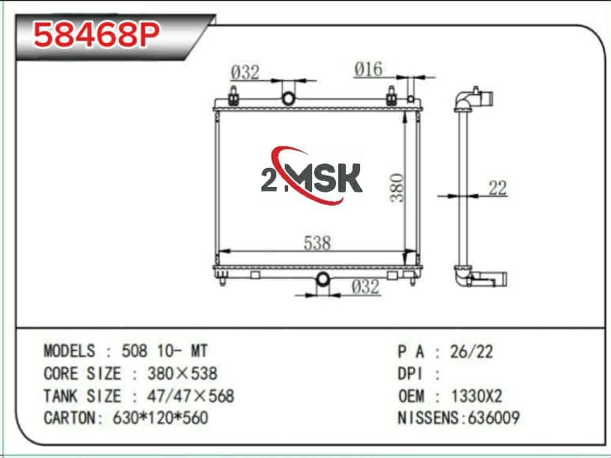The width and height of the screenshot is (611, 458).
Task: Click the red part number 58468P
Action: [97, 35]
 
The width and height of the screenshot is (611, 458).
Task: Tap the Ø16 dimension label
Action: [369, 70]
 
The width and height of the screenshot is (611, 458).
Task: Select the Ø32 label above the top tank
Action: [245, 73]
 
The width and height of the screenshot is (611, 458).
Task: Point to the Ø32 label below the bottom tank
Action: [365, 287]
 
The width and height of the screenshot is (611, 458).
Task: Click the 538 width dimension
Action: [317, 243]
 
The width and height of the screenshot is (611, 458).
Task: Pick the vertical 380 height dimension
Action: [397, 188]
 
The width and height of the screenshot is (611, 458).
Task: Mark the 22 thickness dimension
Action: [498, 188]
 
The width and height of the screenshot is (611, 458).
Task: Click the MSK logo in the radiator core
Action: [311, 176]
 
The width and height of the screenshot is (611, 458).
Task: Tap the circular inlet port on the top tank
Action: [288, 98]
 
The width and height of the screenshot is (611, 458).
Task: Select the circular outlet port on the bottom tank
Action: [323, 279]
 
